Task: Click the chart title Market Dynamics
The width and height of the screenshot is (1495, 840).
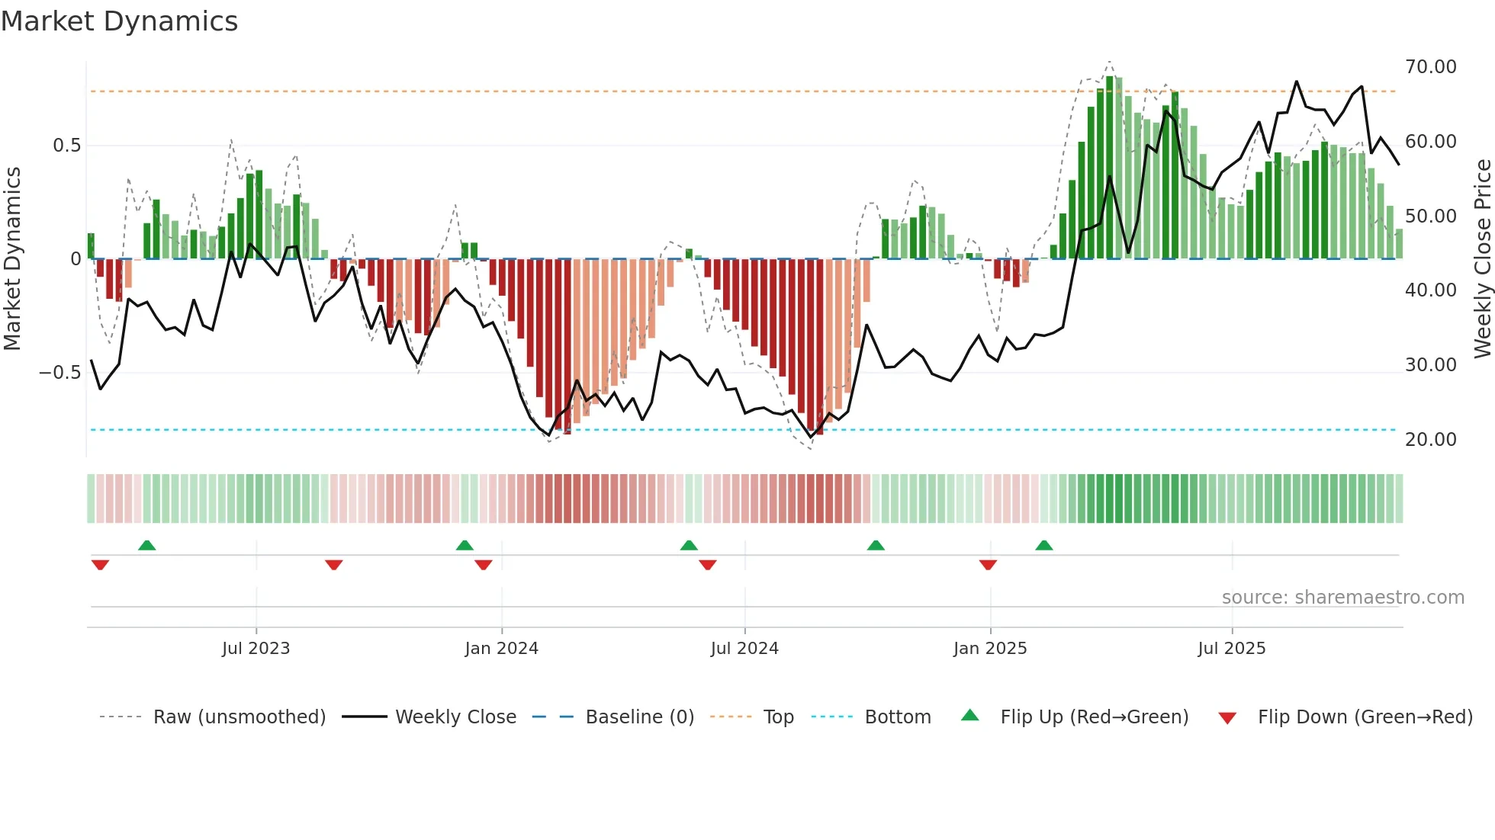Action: click(119, 21)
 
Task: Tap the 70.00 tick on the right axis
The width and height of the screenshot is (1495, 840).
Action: click(1430, 67)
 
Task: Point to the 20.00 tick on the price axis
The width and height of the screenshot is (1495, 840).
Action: click(1430, 440)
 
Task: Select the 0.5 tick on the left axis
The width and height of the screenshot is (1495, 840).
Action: click(66, 146)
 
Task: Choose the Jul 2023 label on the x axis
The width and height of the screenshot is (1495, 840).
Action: click(256, 649)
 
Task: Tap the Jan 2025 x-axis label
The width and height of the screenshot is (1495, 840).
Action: click(989, 649)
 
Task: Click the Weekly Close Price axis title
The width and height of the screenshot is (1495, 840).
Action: click(1482, 258)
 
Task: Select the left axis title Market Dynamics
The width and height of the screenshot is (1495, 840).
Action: click(12, 258)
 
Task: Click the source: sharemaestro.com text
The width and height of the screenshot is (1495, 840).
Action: click(1342, 598)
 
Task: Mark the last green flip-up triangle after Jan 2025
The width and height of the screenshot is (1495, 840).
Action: click(1043, 546)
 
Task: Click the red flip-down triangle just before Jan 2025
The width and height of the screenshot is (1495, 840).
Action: click(988, 565)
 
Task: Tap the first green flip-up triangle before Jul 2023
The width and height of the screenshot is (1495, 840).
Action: click(147, 546)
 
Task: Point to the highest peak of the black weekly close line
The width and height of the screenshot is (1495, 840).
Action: click(1296, 82)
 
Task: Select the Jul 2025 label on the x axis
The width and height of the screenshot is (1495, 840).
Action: click(1231, 649)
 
